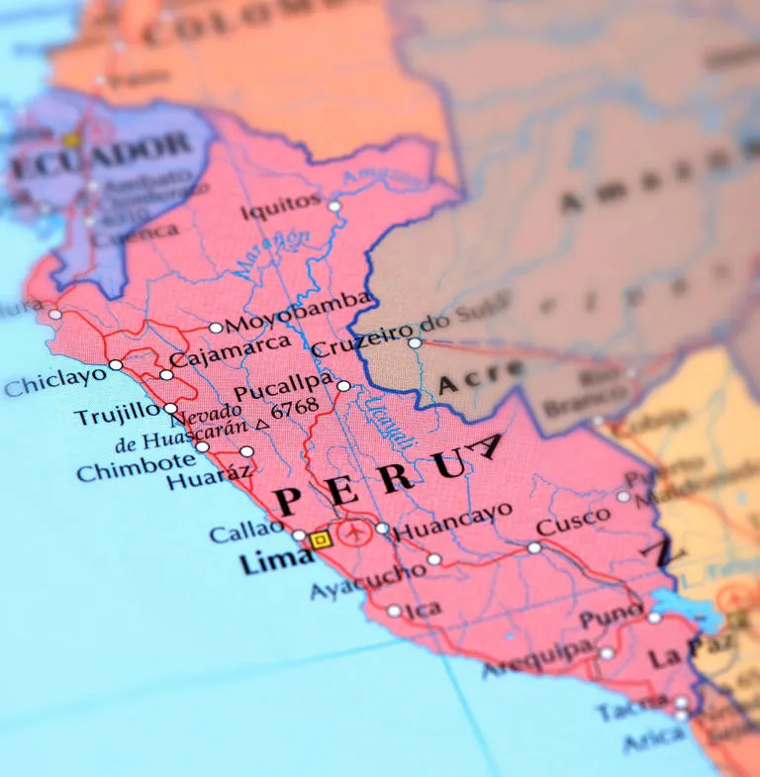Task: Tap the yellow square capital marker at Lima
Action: pos(320,540)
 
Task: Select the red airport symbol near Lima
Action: pos(353,534)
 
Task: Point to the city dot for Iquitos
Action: pos(334,206)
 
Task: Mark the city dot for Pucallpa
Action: pos(343,386)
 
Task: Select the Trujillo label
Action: pos(117,414)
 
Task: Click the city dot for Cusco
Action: pos(534,547)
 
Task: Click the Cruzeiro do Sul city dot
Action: pos(415,343)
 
